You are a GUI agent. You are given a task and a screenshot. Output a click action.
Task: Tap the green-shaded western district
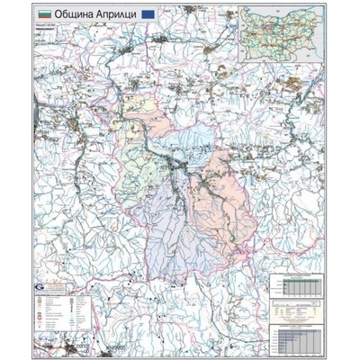pyautogui.click(x=135, y=162)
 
